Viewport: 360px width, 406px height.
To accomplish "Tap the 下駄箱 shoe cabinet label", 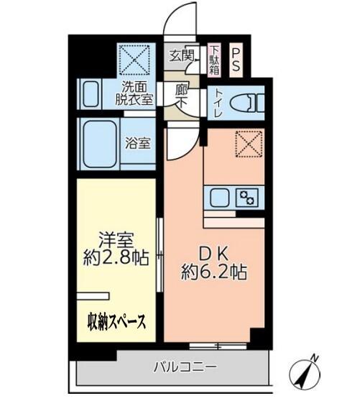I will pyautogui.click(x=213, y=56).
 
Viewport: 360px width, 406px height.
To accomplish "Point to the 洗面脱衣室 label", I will pyautogui.click(x=136, y=95).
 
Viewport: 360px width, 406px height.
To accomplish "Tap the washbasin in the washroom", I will pyautogui.click(x=90, y=94).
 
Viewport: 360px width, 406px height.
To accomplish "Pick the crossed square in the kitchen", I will pyautogui.click(x=249, y=144).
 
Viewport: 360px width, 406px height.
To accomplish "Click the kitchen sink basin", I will pyautogui.click(x=218, y=196).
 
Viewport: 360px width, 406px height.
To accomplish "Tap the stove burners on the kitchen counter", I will pyautogui.click(x=248, y=196).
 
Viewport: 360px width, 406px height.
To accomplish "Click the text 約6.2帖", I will pyautogui.click(x=215, y=272).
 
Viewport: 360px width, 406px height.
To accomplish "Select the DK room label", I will pyautogui.click(x=215, y=254).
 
